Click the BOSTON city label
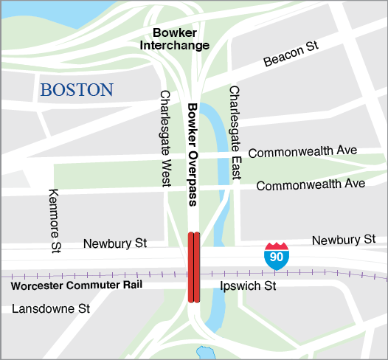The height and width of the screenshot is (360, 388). tap(77, 90)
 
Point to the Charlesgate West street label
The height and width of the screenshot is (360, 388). tap(165, 138)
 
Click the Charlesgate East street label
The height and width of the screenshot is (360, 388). tap(235, 134)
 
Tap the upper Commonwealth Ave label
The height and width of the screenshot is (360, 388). tap(302, 152)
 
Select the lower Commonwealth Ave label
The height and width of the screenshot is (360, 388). tap(311, 184)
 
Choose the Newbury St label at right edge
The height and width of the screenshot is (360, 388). tap(344, 240)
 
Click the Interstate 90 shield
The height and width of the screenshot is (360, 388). tap(277, 255)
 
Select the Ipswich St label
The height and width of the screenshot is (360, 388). tap(248, 284)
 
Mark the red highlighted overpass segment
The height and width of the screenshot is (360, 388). tap(194, 267)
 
